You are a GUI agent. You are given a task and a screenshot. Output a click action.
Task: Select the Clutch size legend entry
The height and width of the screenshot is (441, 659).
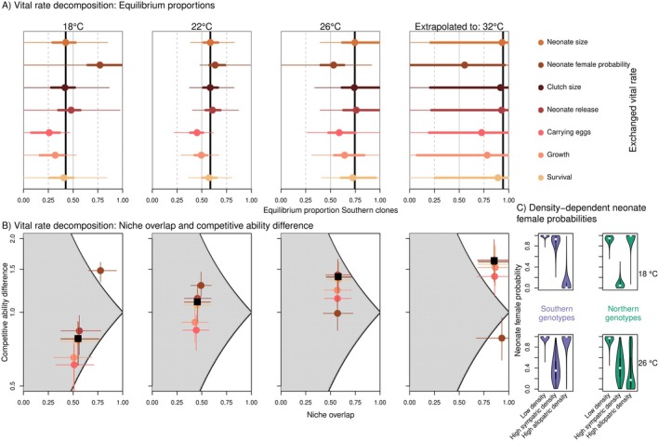(573, 88)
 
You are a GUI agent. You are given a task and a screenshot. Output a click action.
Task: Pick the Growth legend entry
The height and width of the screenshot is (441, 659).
(566, 155)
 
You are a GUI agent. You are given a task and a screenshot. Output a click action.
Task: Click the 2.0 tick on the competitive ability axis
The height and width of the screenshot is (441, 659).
(15, 239)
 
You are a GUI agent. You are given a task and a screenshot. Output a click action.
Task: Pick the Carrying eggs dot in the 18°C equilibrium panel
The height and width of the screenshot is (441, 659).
(49, 133)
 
